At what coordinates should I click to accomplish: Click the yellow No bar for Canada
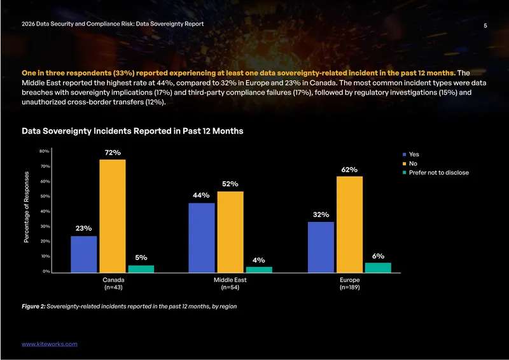point(113,216)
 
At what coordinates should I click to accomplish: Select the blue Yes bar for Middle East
point(202,238)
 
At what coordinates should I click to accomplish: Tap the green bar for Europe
point(378,268)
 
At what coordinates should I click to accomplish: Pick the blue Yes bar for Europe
point(321,247)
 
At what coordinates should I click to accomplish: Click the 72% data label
point(113,153)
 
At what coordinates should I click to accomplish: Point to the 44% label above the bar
point(201,195)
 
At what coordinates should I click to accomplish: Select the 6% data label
point(378,256)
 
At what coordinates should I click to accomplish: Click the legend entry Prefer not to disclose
point(436,173)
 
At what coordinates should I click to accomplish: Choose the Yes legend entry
point(410,155)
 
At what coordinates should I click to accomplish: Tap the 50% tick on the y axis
point(45,197)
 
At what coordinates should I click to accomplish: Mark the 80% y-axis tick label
point(45,151)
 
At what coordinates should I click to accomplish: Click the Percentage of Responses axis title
point(27,207)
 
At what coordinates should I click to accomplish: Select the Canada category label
point(113,280)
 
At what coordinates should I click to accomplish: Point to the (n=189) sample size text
point(349,287)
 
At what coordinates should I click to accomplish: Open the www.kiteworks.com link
point(50,344)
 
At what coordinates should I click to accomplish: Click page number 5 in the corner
point(485,25)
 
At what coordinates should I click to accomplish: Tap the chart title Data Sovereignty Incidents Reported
point(132,131)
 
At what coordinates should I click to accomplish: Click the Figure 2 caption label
point(34,307)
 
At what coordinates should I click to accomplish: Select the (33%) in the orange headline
point(123,73)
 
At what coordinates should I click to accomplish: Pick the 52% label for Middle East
point(230,184)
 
